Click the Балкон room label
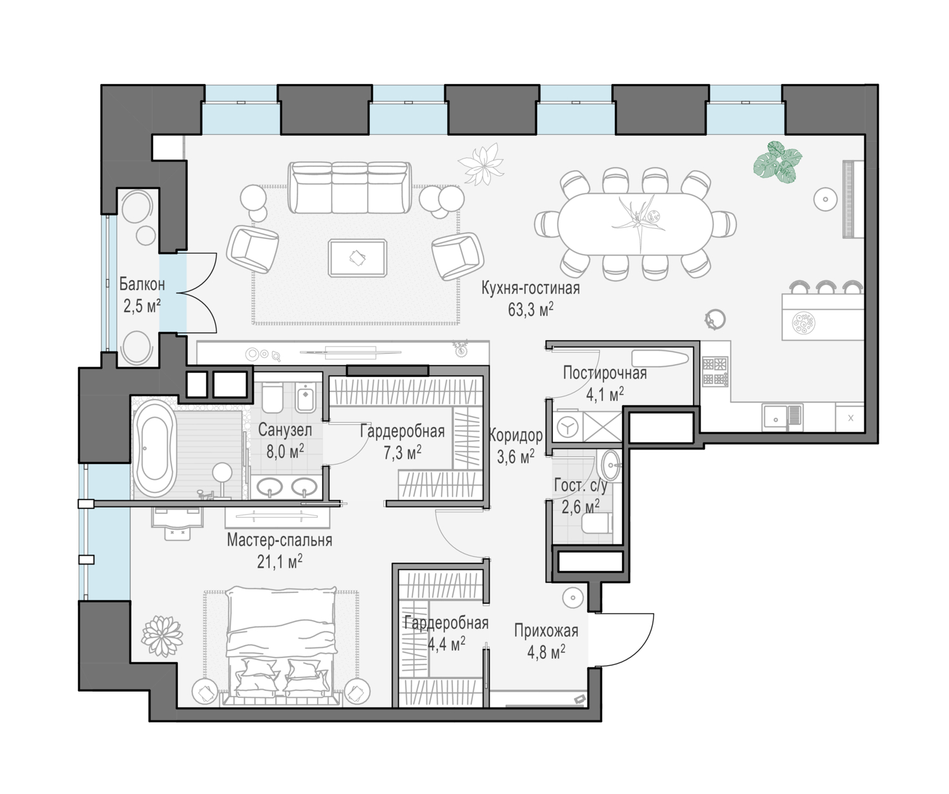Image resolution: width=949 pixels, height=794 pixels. [142, 284]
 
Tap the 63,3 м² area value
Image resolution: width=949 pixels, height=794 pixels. [530, 310]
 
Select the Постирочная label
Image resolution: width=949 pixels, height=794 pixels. [604, 373]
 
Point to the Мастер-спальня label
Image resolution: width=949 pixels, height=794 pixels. [280, 540]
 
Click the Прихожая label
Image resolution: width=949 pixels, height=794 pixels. [546, 631]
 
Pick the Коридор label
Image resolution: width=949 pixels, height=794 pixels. [516, 436]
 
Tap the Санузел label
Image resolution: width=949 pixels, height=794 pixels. [285, 430]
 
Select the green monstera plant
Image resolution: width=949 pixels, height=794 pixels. [778, 162]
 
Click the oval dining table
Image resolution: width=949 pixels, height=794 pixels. [635, 224]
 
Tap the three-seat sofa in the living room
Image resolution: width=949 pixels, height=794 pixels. [349, 187]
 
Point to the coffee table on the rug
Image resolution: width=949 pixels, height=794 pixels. [357, 258]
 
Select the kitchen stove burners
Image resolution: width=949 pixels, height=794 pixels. [715, 372]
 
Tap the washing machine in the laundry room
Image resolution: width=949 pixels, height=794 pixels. [568, 427]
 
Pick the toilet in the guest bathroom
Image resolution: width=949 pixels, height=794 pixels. [597, 523]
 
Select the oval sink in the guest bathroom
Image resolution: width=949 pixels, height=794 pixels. [611, 465]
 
